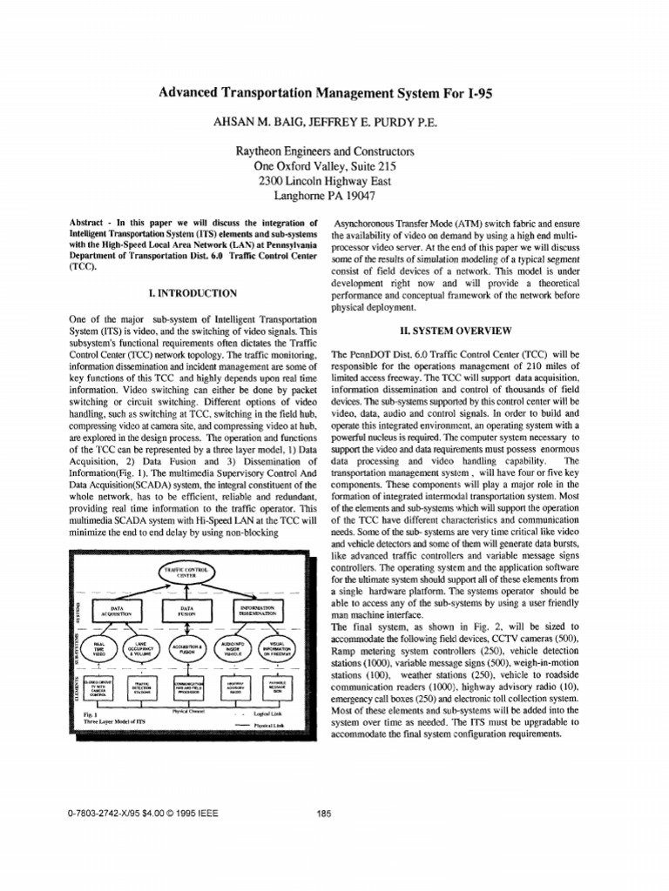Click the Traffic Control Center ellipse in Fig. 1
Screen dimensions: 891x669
coord(187,573)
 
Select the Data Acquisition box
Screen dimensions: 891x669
coord(114,612)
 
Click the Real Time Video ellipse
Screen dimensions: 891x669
coord(100,648)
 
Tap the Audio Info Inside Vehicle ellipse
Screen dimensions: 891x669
coord(233,648)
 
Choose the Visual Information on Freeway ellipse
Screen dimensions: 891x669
coord(278,648)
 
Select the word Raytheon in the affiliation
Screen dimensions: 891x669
coord(266,151)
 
